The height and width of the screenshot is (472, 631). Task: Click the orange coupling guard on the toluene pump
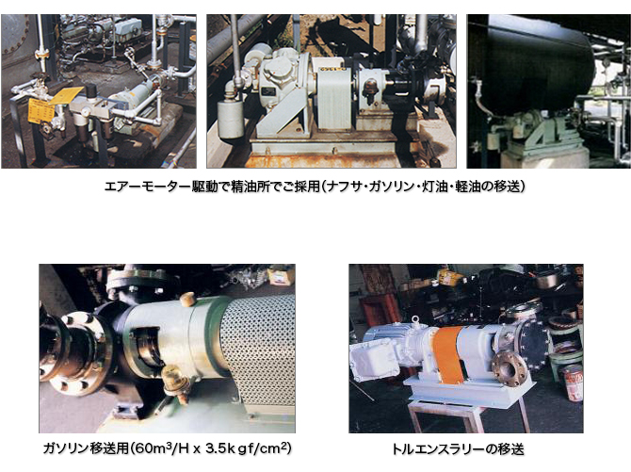(448, 355)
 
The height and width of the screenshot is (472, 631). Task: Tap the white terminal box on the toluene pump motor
(374, 358)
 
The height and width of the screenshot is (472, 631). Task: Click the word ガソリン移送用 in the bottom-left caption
(86, 448)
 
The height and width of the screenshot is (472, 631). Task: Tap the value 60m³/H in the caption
(154, 448)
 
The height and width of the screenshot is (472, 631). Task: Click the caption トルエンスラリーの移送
(459, 449)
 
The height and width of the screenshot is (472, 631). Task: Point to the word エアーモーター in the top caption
(148, 187)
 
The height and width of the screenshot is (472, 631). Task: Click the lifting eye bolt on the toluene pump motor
(415, 320)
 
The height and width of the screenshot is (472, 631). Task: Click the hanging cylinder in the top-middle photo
(229, 119)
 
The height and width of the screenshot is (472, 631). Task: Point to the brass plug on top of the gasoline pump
(187, 300)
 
